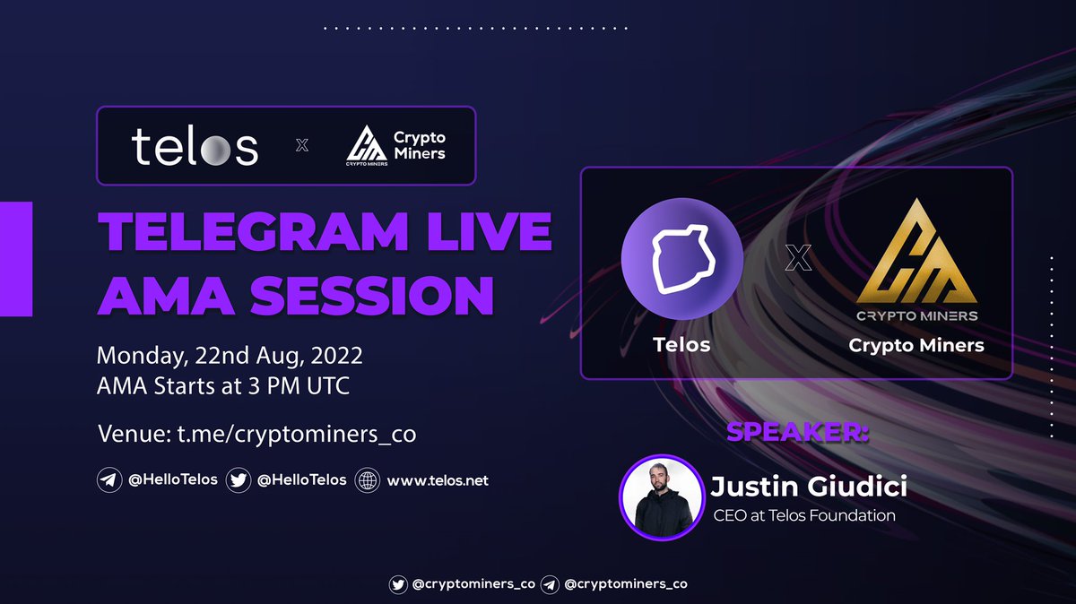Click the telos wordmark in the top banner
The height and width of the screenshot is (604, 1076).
195,146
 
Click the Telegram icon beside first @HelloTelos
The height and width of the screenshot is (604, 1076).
109,480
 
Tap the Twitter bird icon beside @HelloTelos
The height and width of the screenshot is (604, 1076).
239,480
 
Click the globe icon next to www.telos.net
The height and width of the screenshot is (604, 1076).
368,480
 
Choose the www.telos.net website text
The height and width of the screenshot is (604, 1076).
438,480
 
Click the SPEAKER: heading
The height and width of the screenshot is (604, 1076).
797,432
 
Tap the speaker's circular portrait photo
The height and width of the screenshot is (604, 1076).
660,496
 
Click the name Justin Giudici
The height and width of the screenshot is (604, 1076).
808,488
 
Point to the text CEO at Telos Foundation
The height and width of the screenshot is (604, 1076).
804,515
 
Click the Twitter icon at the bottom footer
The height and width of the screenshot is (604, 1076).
398,583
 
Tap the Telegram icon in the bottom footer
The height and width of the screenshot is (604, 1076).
551,583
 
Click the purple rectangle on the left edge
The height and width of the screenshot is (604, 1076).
16,259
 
